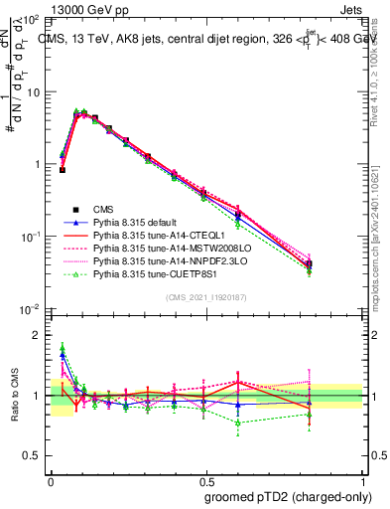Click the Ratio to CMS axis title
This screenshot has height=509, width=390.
pyautogui.click(x=13, y=395)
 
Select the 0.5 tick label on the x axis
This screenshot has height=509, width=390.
pyautogui.click(x=205, y=479)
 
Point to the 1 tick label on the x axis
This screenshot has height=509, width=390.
pyautogui.click(x=362, y=479)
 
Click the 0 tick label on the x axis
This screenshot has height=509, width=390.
pyautogui.click(x=51, y=479)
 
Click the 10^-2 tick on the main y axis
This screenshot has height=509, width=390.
pyautogui.click(x=30, y=309)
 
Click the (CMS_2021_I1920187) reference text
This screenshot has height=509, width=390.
pyautogui.click(x=206, y=297)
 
